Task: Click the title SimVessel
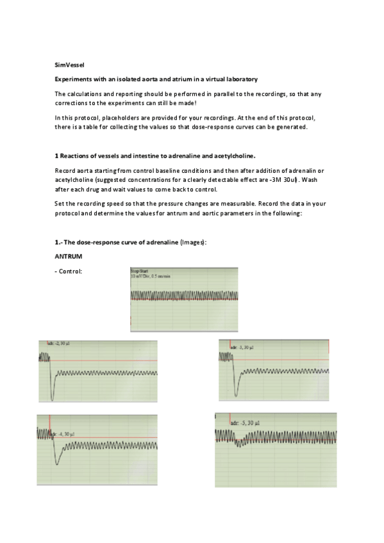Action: pyautogui.click(x=67, y=65)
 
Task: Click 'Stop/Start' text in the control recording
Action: pyautogui.click(x=140, y=271)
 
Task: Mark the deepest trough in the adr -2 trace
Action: pyautogui.click(x=51, y=395)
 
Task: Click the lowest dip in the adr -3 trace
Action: pyautogui.click(x=238, y=394)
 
